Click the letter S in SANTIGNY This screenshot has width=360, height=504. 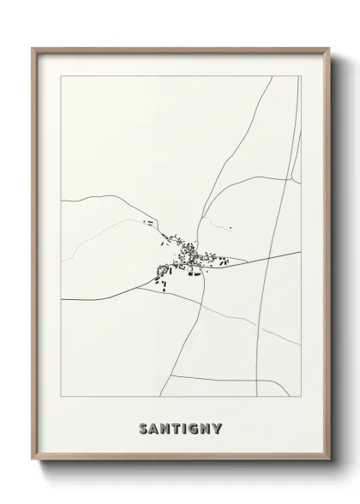[142, 428]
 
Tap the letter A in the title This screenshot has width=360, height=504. [154, 428]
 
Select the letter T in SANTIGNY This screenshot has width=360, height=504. [178, 428]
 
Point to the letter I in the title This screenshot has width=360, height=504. [188, 428]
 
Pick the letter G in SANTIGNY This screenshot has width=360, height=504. [198, 428]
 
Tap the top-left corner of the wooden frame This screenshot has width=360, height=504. [33, 48]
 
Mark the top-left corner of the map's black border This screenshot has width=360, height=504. [61, 76]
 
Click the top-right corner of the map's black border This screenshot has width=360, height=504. [300, 76]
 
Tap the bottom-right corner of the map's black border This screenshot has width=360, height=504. [300, 397]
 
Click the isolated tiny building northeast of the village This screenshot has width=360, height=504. [230, 228]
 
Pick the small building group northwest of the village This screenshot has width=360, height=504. [147, 223]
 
